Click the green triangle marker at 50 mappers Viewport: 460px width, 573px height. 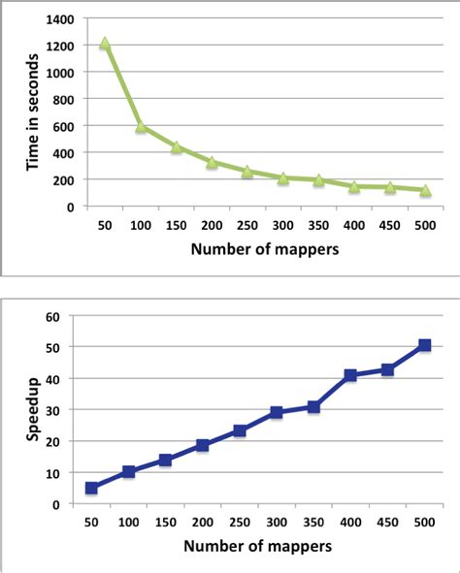point(104,44)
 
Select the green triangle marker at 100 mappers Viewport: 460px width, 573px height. point(140,126)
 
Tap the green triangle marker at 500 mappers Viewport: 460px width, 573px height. point(425,190)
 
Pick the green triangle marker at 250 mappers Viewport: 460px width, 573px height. point(246,171)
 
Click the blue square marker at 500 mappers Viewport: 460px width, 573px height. point(425,345)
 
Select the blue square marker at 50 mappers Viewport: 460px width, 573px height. point(92,488)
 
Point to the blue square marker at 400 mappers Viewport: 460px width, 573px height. point(350,375)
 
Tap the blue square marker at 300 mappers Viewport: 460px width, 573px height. point(277,412)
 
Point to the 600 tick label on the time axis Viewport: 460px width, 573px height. point(63,126)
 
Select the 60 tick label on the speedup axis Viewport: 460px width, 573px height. point(53,316)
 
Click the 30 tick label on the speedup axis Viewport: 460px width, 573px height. point(53,410)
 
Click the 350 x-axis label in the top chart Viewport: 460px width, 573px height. point(318,223)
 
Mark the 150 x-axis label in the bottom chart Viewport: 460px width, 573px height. point(165,521)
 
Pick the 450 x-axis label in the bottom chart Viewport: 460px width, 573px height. point(387,521)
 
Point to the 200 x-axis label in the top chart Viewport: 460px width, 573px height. point(211,223)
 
